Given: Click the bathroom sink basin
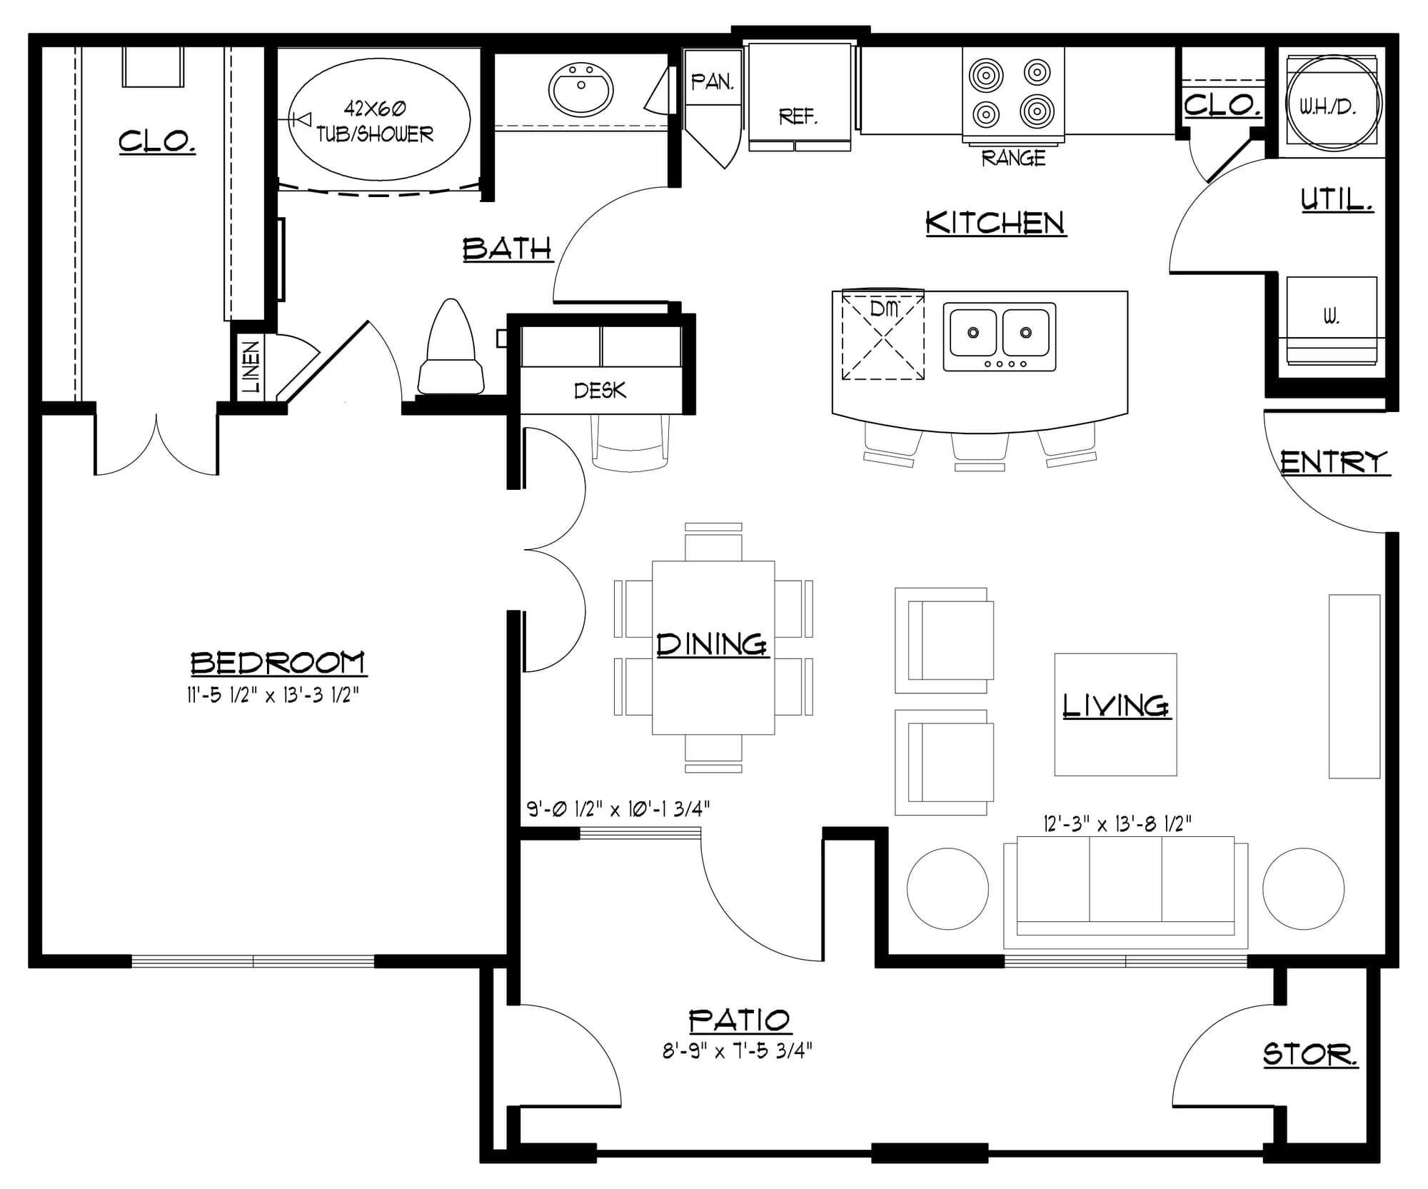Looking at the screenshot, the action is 580,89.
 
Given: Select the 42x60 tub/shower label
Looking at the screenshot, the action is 375,121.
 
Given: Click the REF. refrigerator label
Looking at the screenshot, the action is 798,116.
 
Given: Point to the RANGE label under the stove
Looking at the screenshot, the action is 1013,158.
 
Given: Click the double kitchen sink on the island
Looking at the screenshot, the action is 1000,336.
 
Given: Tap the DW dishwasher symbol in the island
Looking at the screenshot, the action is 884,334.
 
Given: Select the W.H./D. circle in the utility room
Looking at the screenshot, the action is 1333,104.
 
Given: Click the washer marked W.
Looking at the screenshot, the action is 1332,321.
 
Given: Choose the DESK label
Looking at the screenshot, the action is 600,390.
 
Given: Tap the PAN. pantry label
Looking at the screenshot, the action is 713,82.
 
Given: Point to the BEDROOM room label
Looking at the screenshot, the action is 278,663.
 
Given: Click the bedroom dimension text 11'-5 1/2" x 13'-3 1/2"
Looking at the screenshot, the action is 272,695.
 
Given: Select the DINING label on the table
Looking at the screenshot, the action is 712,644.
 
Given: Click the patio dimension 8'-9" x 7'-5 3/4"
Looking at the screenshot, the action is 738,1050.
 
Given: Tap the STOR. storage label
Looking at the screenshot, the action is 1310,1055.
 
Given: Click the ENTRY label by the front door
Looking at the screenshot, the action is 1334,463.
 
